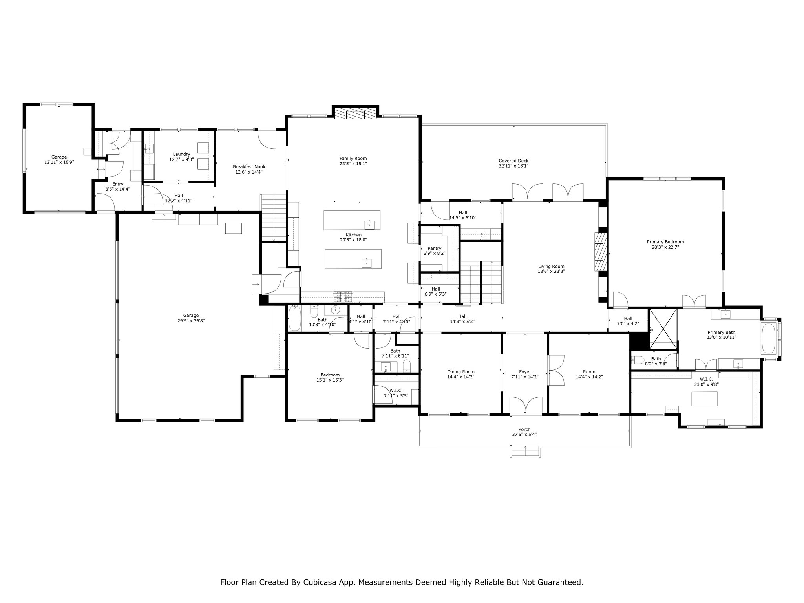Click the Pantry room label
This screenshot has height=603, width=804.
(435, 248)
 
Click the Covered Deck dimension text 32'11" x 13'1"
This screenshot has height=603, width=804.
(513, 166)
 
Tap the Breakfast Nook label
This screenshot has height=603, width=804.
(249, 167)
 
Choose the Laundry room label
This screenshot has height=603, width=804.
(181, 154)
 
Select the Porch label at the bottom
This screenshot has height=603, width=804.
(524, 429)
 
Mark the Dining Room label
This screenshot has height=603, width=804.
(461, 372)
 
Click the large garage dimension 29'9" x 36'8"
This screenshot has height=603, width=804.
(191, 321)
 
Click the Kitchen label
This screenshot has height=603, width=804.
(353, 235)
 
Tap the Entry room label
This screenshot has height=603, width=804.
(118, 184)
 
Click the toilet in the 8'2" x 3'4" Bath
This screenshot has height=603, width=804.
(637, 360)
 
